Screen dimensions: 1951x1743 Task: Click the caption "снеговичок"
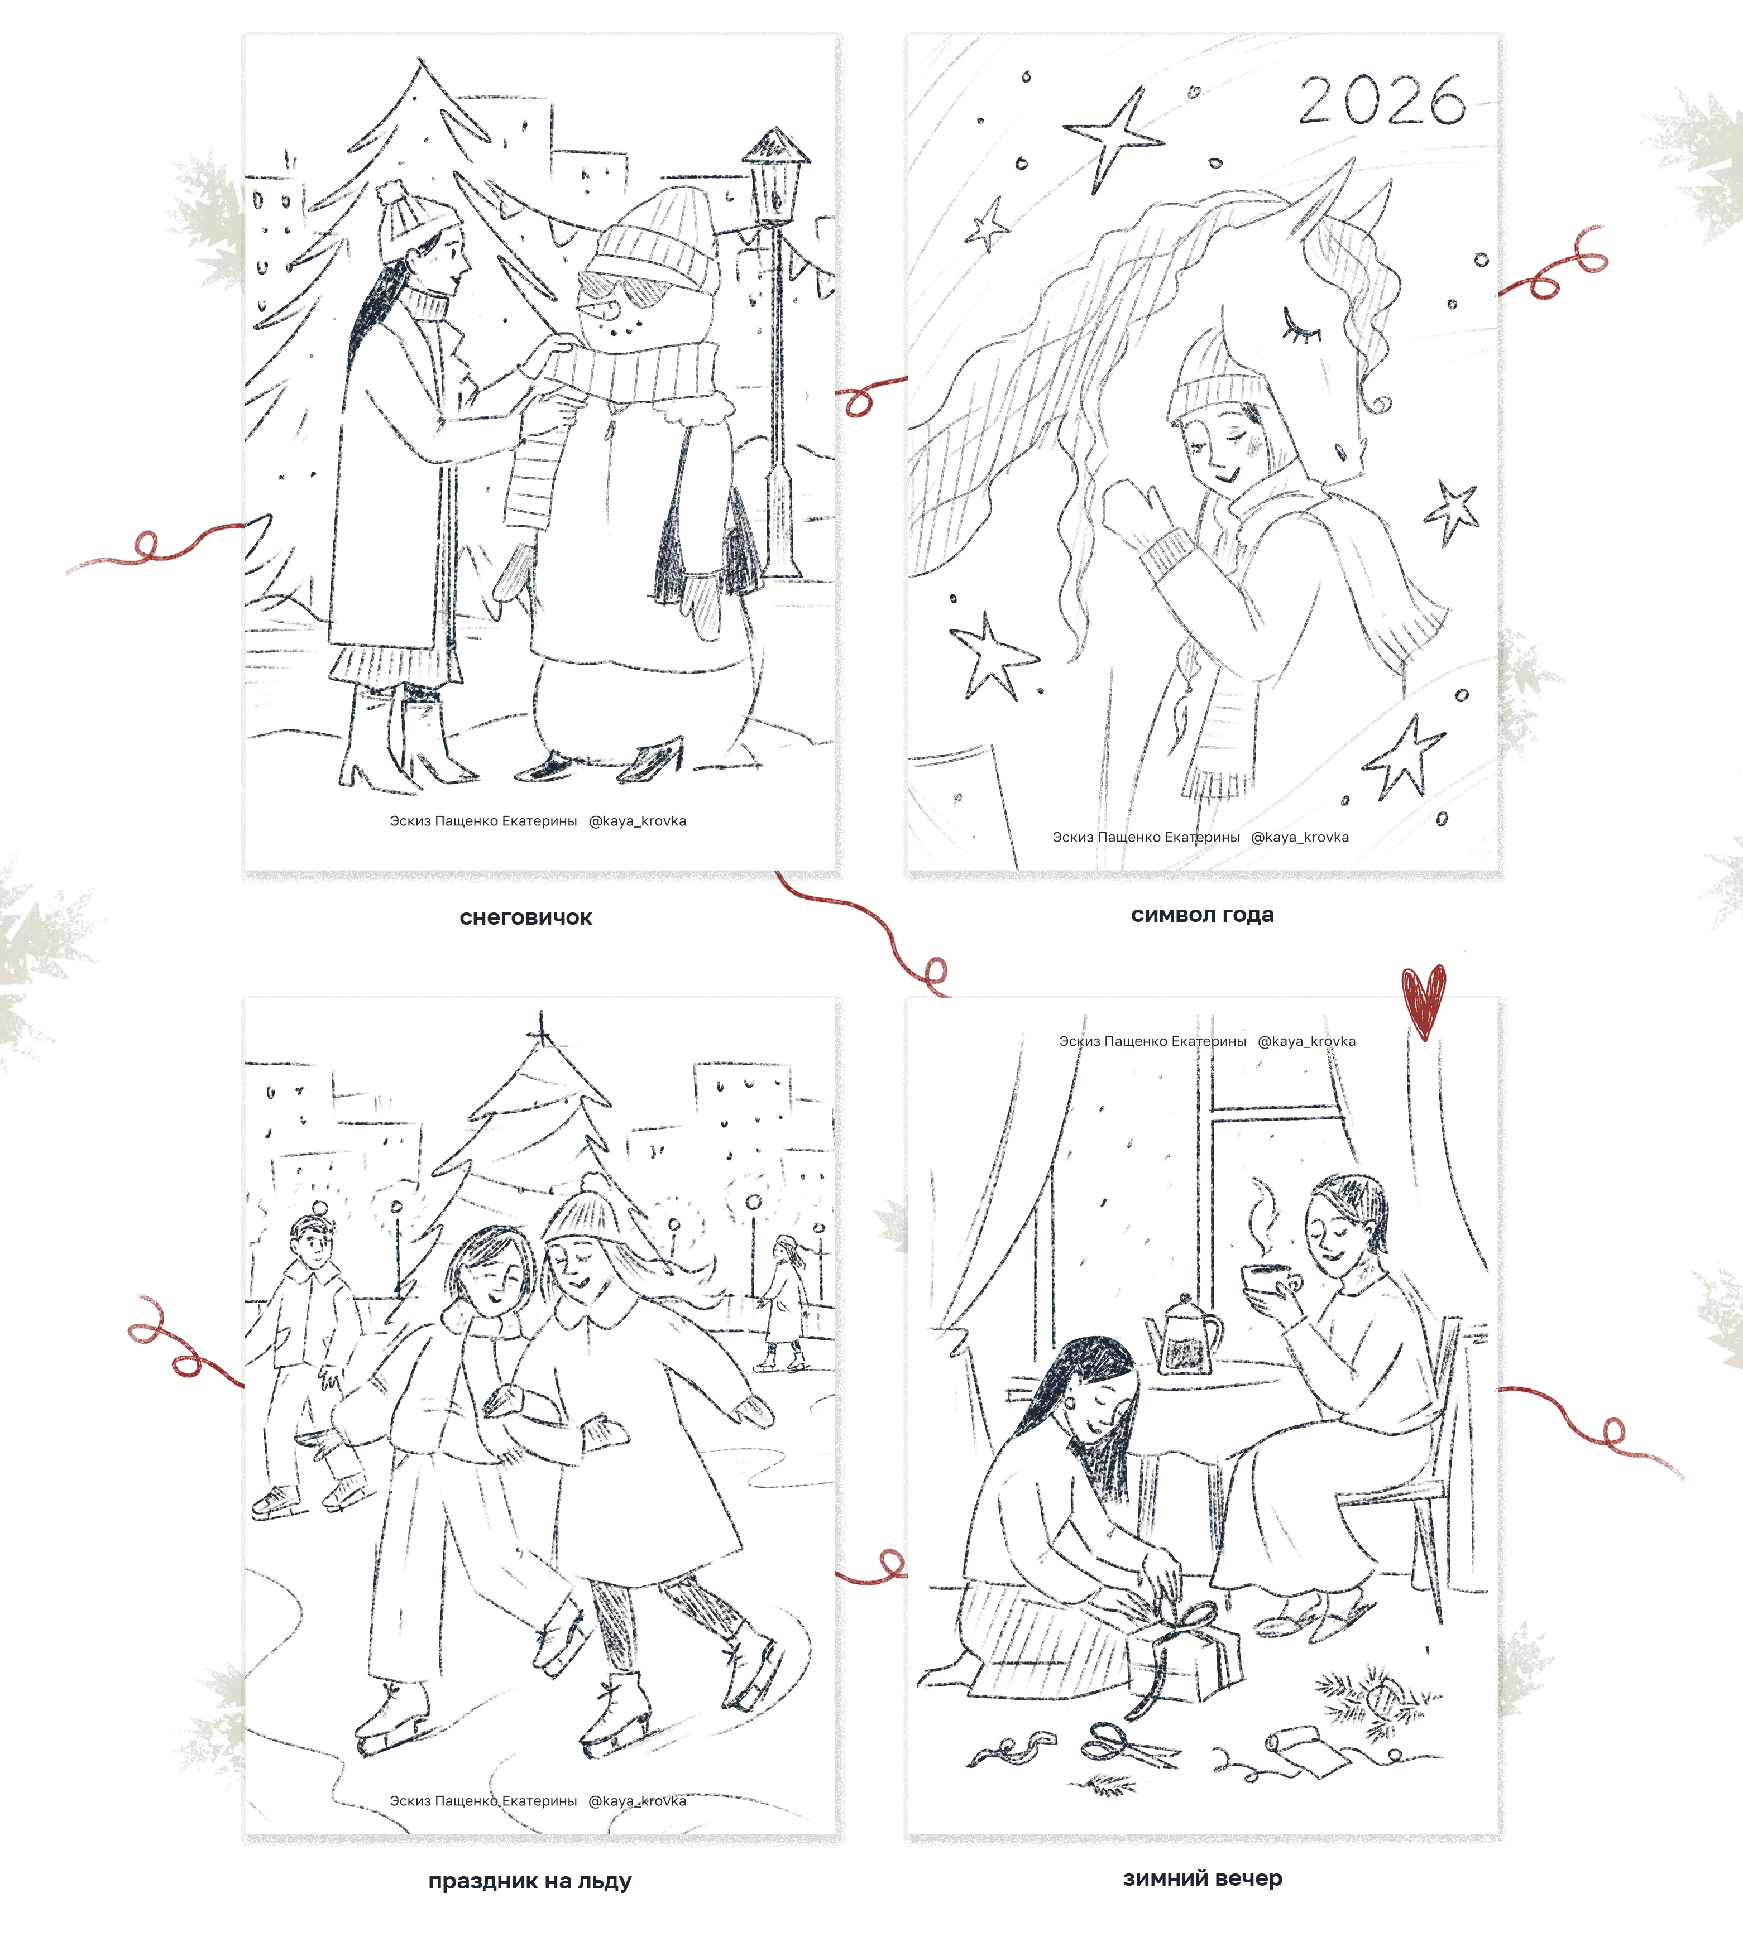(526, 917)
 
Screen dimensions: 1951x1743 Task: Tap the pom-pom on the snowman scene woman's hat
(391, 194)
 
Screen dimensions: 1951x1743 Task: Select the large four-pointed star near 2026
(1115, 137)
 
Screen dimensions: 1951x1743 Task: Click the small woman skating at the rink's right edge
(786, 1302)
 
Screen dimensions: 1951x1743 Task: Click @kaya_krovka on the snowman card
(637, 820)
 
